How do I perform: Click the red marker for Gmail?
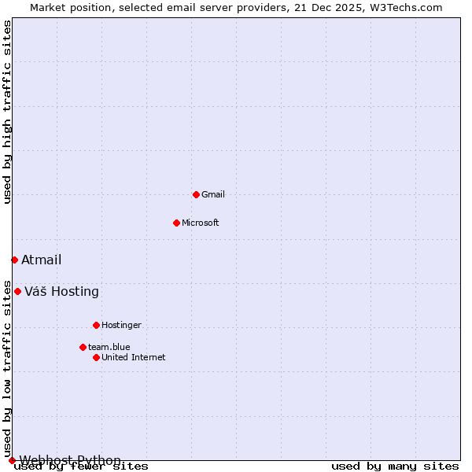[x=196, y=194]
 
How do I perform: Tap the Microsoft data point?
[x=176, y=223]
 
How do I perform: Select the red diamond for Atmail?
[x=14, y=260]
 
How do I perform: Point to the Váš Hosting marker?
[x=17, y=291]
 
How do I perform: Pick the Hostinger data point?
[x=96, y=325]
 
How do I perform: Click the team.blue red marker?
[x=83, y=347]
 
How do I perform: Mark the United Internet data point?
[x=96, y=357]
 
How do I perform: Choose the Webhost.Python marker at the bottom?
[x=12, y=460]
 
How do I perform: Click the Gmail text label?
[x=213, y=194]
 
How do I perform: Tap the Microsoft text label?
[x=201, y=223]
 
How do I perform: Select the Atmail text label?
[x=41, y=260]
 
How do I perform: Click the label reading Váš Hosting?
[x=61, y=292]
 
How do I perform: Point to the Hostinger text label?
[x=121, y=325]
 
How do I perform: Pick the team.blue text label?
[x=109, y=347]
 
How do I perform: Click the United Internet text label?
[x=134, y=357]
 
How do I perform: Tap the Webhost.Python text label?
[x=70, y=460]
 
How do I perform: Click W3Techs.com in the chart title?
[x=405, y=8]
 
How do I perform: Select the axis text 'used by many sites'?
[x=395, y=466]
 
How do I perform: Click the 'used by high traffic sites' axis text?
[x=8, y=112]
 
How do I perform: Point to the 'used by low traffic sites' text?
[x=8, y=368]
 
